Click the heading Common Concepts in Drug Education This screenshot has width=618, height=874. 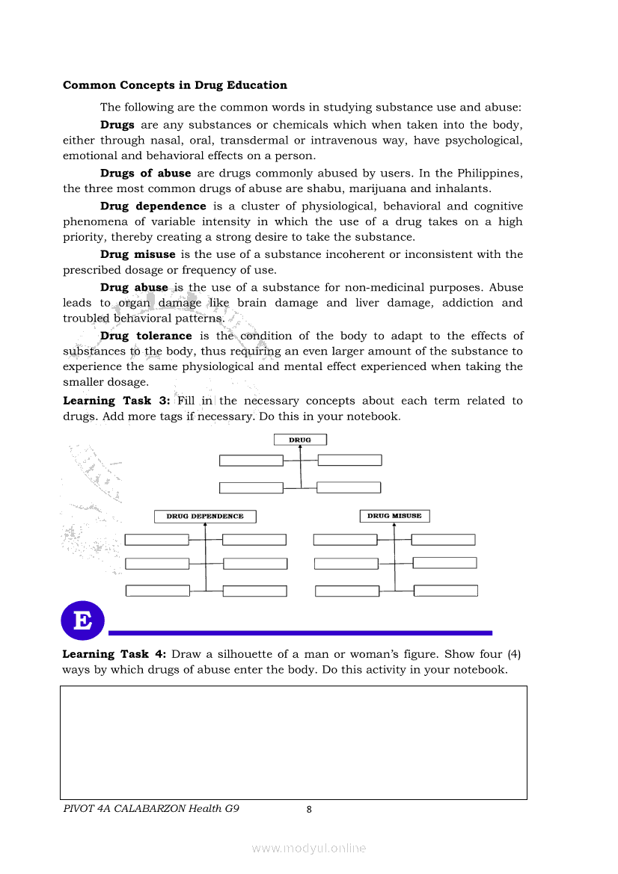click(174, 85)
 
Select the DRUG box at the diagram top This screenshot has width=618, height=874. click(299, 440)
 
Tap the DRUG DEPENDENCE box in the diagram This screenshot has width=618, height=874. click(204, 516)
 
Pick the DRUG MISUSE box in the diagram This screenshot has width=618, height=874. click(394, 516)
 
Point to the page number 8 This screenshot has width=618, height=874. click(309, 809)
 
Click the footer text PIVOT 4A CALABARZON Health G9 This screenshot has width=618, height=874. click(151, 808)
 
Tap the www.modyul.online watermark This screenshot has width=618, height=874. click(309, 848)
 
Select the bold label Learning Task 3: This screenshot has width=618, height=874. click(117, 401)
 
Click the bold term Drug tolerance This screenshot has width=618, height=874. click(146, 336)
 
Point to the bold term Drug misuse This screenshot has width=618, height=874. click(138, 254)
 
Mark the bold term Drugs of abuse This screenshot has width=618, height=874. click(145, 173)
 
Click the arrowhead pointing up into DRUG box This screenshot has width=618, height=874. click(300, 447)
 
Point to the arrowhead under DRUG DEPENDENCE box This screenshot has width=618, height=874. click(205, 525)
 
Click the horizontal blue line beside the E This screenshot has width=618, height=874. click(299, 633)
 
